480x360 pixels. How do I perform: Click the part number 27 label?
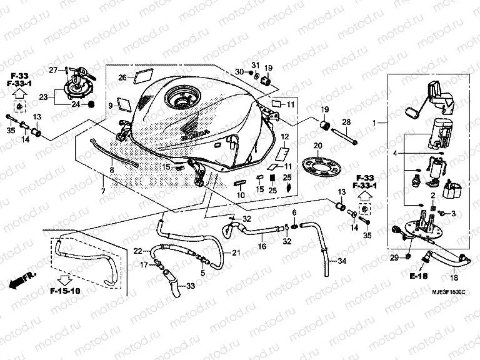point(54,69)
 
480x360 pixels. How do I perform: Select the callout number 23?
point(43,97)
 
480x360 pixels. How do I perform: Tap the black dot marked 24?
point(92,104)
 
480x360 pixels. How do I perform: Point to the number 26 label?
point(122,78)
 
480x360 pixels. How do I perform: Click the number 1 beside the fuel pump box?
point(376,124)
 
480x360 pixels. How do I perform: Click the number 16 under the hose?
point(262,247)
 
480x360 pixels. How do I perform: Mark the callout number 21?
point(236,252)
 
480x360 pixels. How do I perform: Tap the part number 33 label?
point(191,286)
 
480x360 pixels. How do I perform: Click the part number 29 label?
point(394,257)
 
